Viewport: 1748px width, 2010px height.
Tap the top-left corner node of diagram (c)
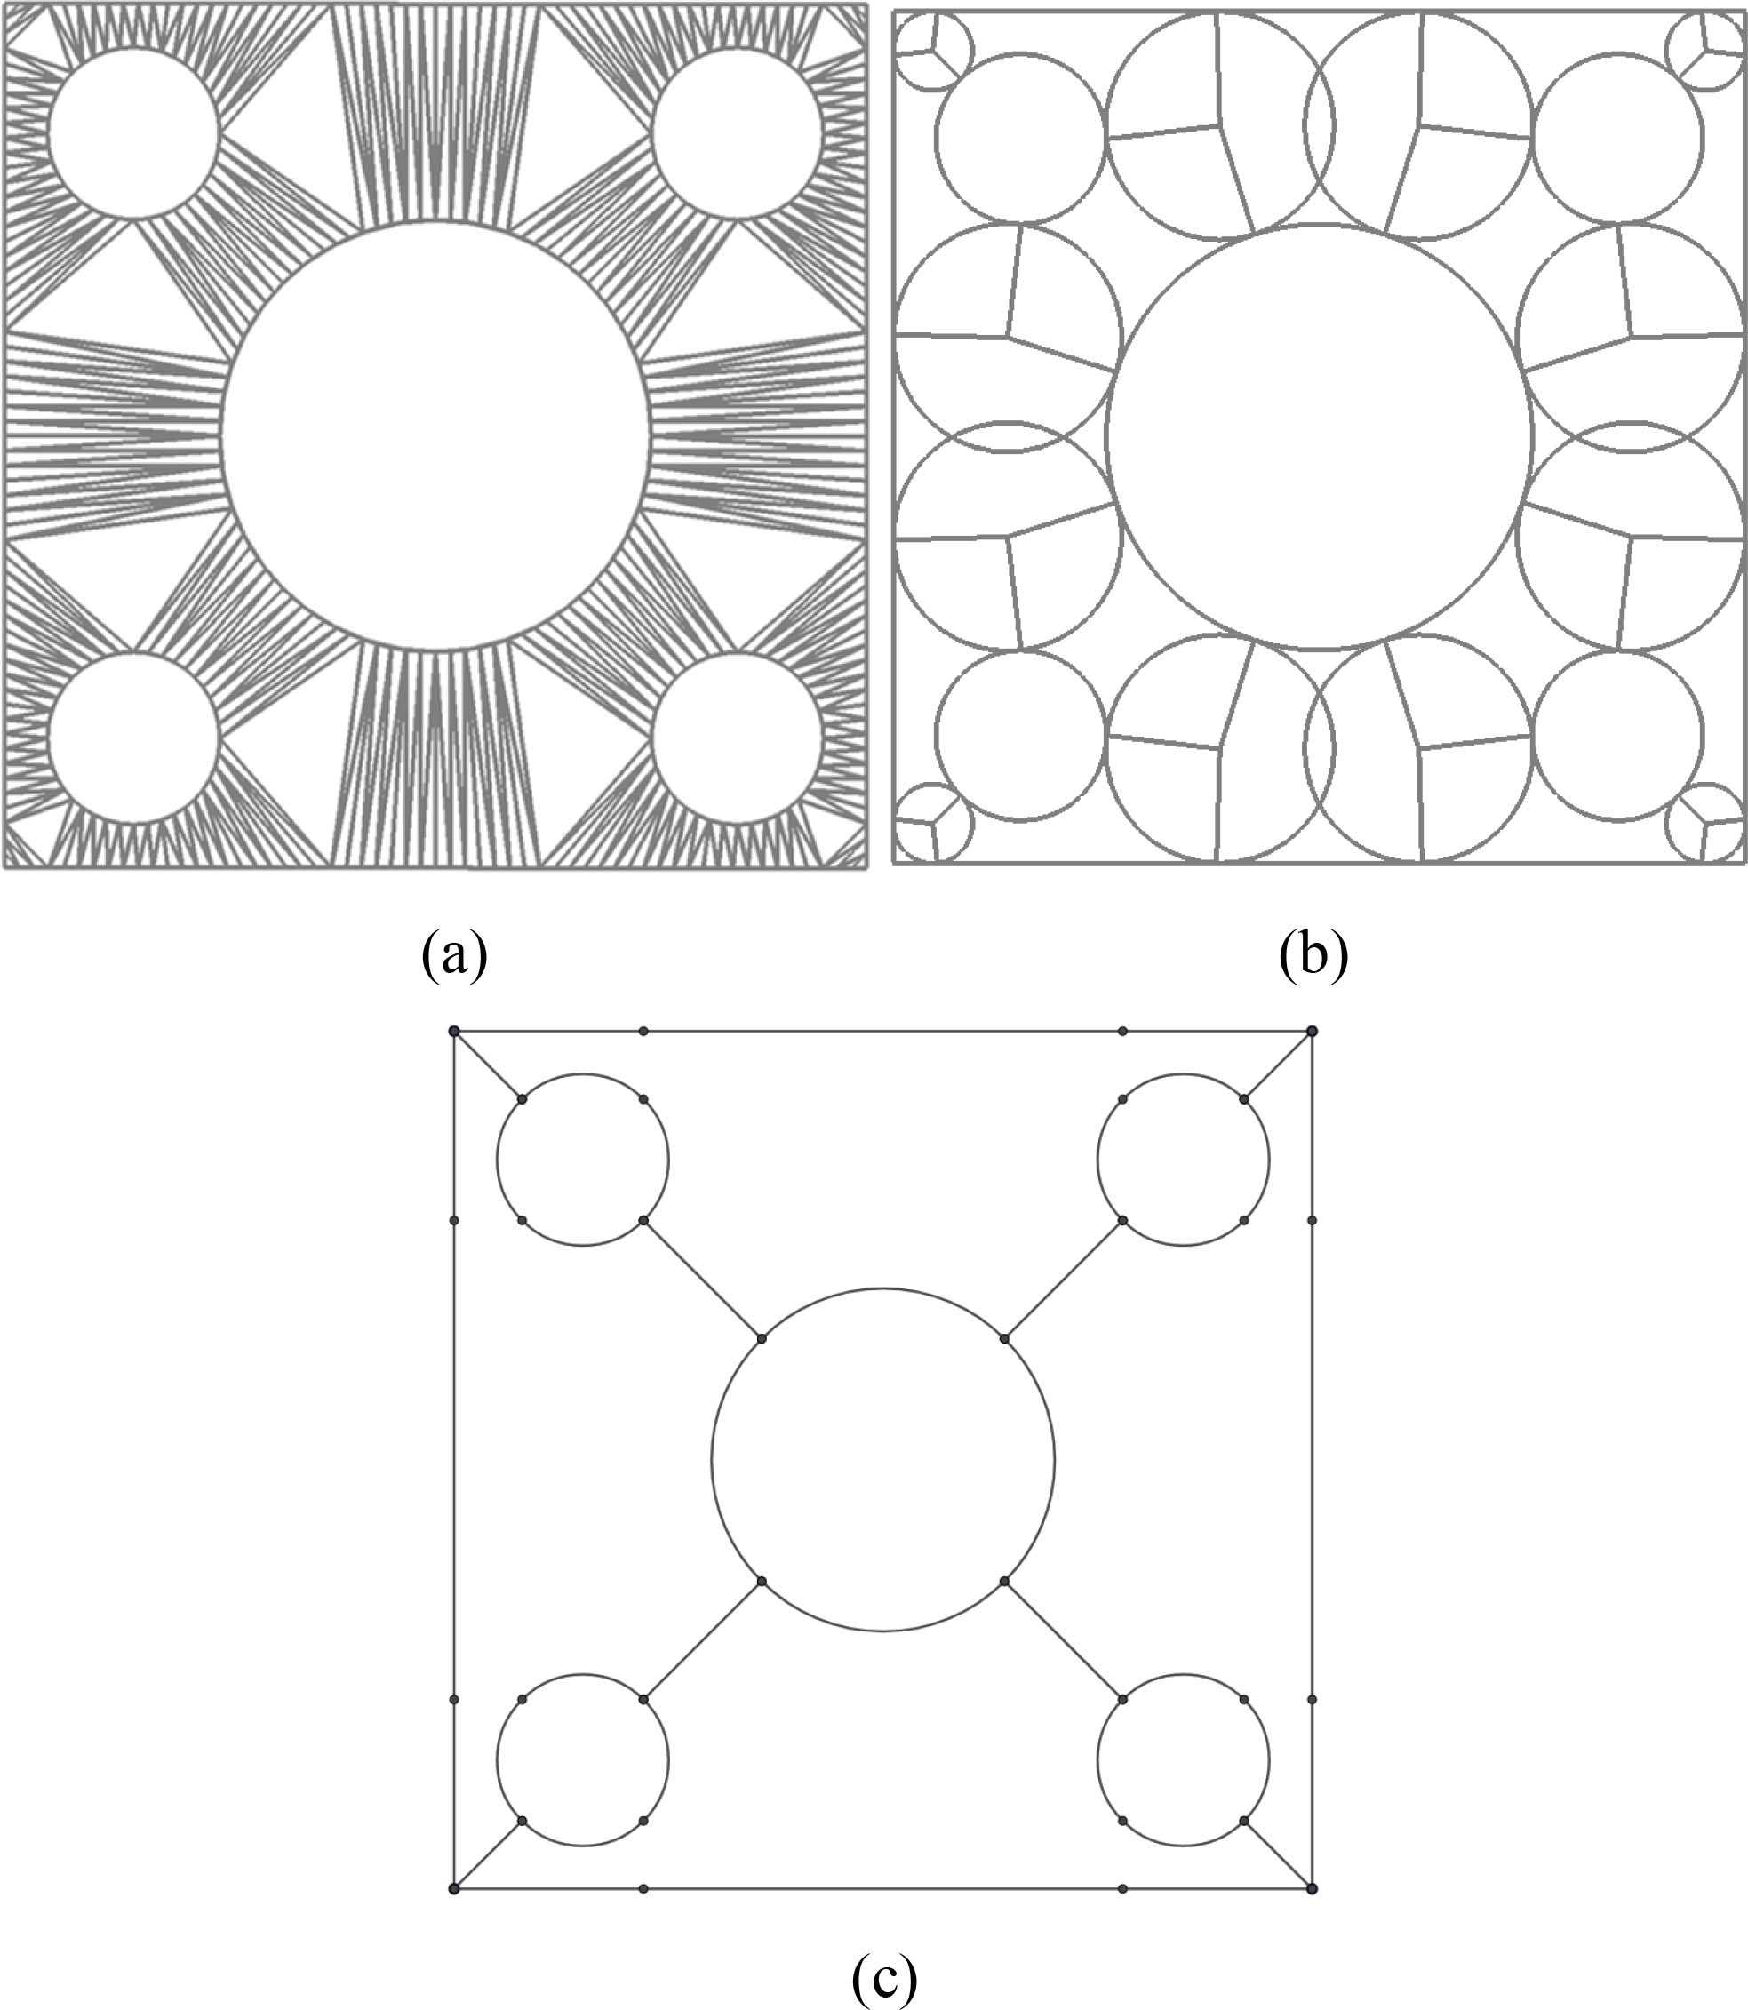click(x=453, y=1031)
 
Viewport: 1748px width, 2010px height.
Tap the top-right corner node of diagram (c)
click(x=1312, y=1031)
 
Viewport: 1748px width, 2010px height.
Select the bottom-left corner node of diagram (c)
click(x=453, y=1889)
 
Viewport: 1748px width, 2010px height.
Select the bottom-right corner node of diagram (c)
click(x=1312, y=1889)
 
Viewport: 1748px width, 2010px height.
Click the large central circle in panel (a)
click(x=435, y=435)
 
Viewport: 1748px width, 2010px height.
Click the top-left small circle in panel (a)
click(x=132, y=133)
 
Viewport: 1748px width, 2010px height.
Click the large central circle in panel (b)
click(x=1319, y=436)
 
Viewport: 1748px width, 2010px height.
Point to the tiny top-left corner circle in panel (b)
click(x=933, y=54)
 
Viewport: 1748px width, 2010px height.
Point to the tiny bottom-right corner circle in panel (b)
click(x=1705, y=824)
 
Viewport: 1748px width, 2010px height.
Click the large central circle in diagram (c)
click(x=882, y=1460)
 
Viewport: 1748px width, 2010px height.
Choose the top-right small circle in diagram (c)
click(x=1183, y=1160)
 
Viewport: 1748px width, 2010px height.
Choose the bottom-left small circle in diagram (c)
click(x=583, y=1760)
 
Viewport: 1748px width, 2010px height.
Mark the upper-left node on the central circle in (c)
click(x=762, y=1339)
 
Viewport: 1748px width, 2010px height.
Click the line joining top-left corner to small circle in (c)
click(x=488, y=1065)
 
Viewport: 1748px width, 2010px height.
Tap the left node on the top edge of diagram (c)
click(x=643, y=1031)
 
